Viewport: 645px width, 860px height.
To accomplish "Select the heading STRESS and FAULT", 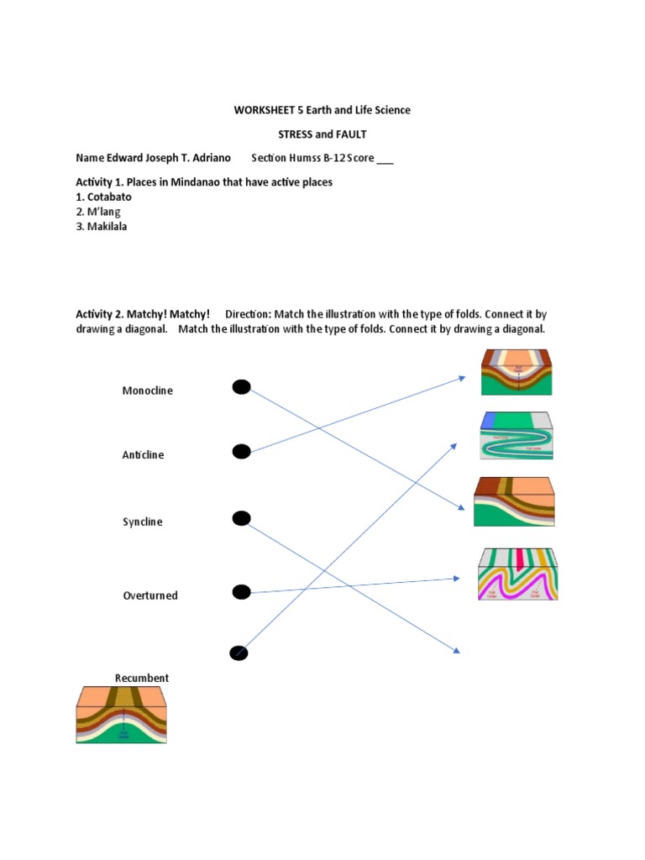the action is point(322,134).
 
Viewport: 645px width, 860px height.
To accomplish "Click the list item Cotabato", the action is point(109,197).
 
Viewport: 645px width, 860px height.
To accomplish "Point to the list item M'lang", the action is point(104,212).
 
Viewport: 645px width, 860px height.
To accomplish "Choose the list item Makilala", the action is point(107,227).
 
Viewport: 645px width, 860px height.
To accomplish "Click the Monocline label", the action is point(148,391).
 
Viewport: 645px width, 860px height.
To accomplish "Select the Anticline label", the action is point(144,455).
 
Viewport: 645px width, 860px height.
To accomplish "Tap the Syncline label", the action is point(143,522).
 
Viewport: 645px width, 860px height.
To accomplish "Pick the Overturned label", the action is point(150,595).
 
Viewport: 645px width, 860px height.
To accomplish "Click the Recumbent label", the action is point(142,678).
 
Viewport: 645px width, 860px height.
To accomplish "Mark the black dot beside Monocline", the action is point(241,386).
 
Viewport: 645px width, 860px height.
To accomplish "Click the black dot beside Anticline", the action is point(241,453).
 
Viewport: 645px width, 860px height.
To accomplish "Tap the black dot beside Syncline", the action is point(241,518).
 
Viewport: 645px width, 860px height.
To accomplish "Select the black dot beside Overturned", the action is point(241,593).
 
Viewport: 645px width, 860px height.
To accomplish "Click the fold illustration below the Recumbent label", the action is point(123,714).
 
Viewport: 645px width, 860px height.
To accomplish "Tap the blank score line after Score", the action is point(385,159).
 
